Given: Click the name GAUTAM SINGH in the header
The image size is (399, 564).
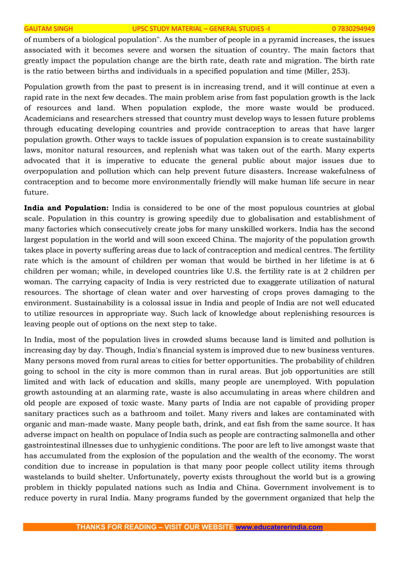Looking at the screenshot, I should [48, 29].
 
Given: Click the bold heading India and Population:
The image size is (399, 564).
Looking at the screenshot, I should [66, 208].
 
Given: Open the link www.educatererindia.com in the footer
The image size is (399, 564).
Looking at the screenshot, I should [279, 527].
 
